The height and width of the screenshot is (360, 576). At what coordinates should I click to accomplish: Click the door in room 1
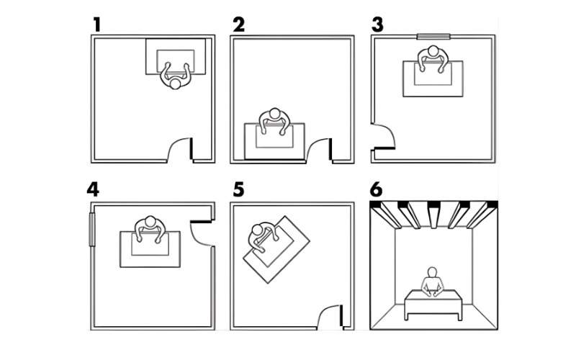[x=180, y=148]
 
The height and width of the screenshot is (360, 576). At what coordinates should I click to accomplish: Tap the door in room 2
[x=320, y=148]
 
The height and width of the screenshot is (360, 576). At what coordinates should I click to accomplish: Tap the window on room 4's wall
[x=91, y=229]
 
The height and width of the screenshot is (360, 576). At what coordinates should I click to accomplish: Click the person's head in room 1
[x=175, y=84]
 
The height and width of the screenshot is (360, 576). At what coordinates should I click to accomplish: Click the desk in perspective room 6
[x=432, y=302]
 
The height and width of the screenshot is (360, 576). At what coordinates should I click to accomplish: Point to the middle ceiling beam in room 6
[x=433, y=213]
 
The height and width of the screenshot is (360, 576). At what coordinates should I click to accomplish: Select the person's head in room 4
[x=150, y=222]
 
